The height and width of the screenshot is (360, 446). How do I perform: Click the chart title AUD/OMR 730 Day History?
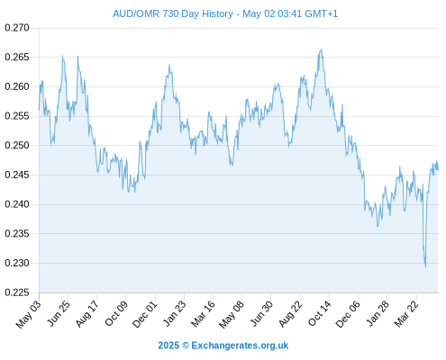tap(173, 13)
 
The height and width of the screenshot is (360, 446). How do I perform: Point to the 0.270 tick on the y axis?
tap(17, 28)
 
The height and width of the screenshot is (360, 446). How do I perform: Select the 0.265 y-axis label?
tap(17, 57)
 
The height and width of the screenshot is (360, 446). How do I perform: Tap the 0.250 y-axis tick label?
tap(17, 145)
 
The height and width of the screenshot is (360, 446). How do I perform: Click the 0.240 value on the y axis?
tap(17, 204)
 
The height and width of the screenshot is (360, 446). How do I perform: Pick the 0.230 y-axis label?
tap(17, 263)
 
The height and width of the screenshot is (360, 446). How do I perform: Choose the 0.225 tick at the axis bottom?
tap(17, 292)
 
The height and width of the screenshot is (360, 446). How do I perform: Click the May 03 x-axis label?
tap(29, 314)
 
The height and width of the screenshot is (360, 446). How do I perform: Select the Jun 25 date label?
tap(59, 313)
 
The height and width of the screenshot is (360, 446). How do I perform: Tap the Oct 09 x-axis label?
tap(116, 313)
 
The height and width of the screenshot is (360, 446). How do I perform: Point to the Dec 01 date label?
tap(145, 314)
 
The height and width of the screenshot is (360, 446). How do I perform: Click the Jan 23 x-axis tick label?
tap(175, 313)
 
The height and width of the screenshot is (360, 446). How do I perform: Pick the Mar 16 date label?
tap(203, 313)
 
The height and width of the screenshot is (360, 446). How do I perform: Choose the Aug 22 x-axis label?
tap(290, 313)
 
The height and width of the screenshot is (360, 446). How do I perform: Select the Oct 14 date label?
tap(319, 313)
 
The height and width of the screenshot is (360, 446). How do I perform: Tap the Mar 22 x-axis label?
tap(406, 313)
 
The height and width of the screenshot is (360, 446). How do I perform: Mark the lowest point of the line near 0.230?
tap(425, 266)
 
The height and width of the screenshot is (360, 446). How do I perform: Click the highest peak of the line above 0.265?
tap(322, 49)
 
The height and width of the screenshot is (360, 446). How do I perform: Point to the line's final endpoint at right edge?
tap(438, 170)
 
